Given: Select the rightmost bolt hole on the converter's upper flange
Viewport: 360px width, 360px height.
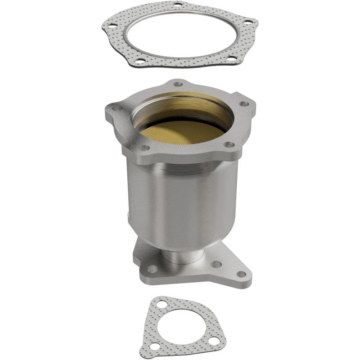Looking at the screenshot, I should pyautogui.click(x=245, y=104).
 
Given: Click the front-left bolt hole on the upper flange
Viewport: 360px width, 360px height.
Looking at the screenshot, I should pyautogui.click(x=144, y=147).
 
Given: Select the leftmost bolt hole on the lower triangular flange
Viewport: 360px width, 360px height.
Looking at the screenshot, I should pyautogui.click(x=153, y=269).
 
